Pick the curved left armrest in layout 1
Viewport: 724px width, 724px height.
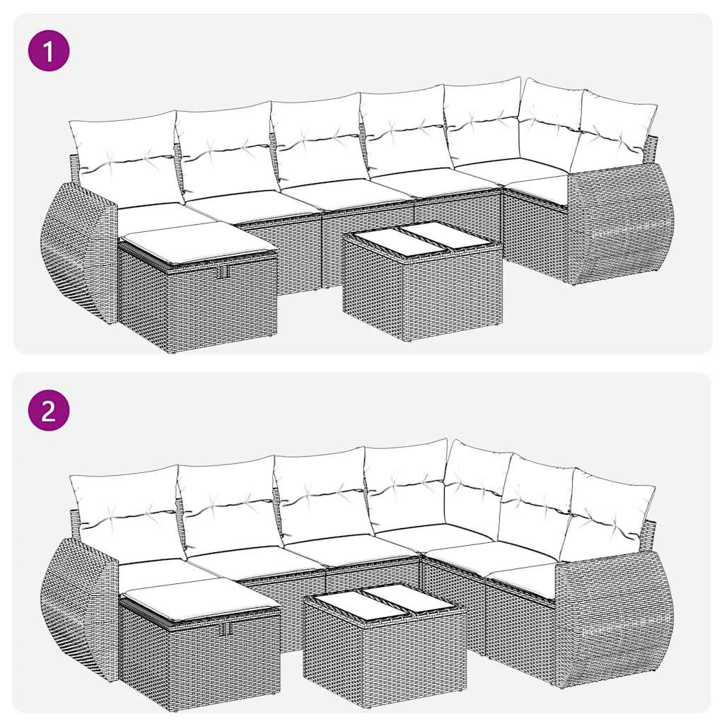76,252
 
